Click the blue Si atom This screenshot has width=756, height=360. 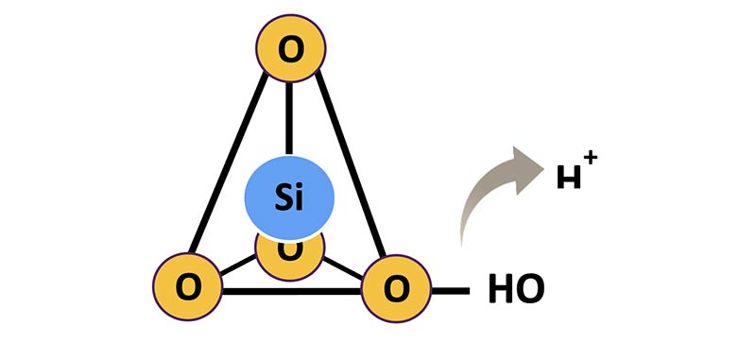[x=289, y=197]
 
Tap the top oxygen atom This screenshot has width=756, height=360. [x=291, y=48]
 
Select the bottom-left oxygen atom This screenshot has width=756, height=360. [x=187, y=286]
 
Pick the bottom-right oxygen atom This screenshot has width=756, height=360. [x=396, y=288]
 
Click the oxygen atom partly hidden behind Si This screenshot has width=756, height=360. [x=290, y=258]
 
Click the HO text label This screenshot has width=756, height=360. [x=516, y=289]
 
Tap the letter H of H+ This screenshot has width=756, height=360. [x=569, y=177]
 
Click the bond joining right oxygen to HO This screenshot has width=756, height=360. [x=451, y=291]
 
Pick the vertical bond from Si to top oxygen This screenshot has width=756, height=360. [x=289, y=118]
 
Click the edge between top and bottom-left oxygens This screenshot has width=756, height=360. [x=228, y=163]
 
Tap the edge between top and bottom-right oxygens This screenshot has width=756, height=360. [x=351, y=163]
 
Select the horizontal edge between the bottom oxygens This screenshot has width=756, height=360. [x=292, y=291]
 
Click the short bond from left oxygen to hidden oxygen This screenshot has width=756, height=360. [x=238, y=266]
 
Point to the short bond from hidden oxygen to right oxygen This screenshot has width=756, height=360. [x=343, y=268]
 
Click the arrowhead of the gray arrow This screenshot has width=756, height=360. [x=526, y=169]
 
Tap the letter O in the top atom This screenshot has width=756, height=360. [x=291, y=50]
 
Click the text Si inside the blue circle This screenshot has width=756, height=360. [x=289, y=197]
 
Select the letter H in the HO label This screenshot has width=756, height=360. [x=500, y=289]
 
